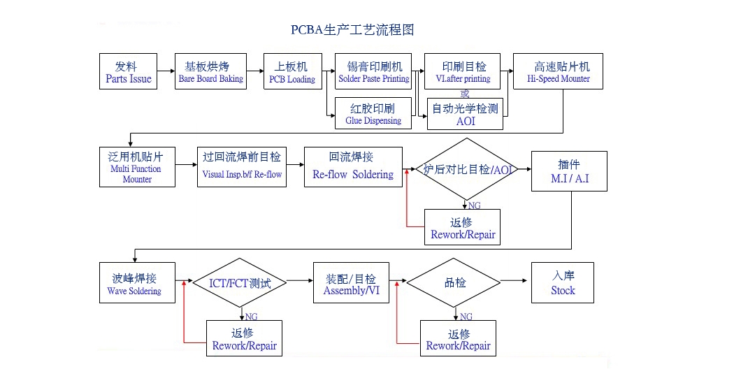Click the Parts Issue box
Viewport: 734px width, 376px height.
tap(129, 71)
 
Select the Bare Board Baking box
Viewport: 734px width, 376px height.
tap(210, 71)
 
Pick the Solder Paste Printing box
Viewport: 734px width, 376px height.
tap(373, 71)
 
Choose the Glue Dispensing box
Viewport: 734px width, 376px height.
tap(373, 113)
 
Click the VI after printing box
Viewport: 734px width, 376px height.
tap(463, 71)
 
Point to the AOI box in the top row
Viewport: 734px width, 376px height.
tap(465, 114)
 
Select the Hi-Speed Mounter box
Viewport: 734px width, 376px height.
tap(558, 71)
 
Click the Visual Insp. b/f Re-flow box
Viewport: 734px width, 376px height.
tap(242, 166)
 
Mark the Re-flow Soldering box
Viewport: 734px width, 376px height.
tap(353, 166)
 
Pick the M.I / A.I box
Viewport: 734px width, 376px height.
tap(569, 171)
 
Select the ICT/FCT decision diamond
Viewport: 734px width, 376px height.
tap(240, 283)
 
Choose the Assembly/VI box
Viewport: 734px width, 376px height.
tap(350, 283)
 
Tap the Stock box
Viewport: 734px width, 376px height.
tap(563, 283)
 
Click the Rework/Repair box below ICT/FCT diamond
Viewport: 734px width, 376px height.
tap(244, 338)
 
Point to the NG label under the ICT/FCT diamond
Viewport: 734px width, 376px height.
tap(251, 317)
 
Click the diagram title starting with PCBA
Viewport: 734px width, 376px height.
tap(352, 30)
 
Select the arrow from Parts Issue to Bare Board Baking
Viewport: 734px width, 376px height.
tap(165, 71)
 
